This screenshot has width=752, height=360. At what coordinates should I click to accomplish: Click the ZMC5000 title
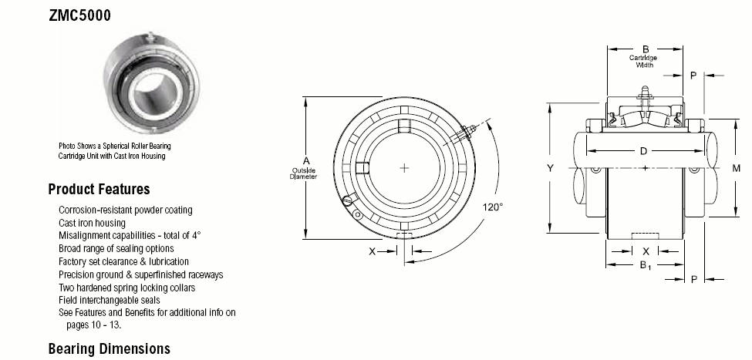[79, 16]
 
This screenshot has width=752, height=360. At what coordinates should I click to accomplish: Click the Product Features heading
[99, 190]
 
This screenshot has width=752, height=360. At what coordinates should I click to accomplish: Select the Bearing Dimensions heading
[110, 348]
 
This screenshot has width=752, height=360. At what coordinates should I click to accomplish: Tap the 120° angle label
[493, 207]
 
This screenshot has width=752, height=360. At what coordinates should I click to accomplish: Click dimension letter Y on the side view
[551, 168]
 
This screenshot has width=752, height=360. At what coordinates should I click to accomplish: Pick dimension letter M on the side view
[736, 168]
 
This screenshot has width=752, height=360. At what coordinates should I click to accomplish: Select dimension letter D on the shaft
[643, 151]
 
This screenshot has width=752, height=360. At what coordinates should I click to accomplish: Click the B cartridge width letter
[646, 49]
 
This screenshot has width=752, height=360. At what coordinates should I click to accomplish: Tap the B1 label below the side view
[646, 265]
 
